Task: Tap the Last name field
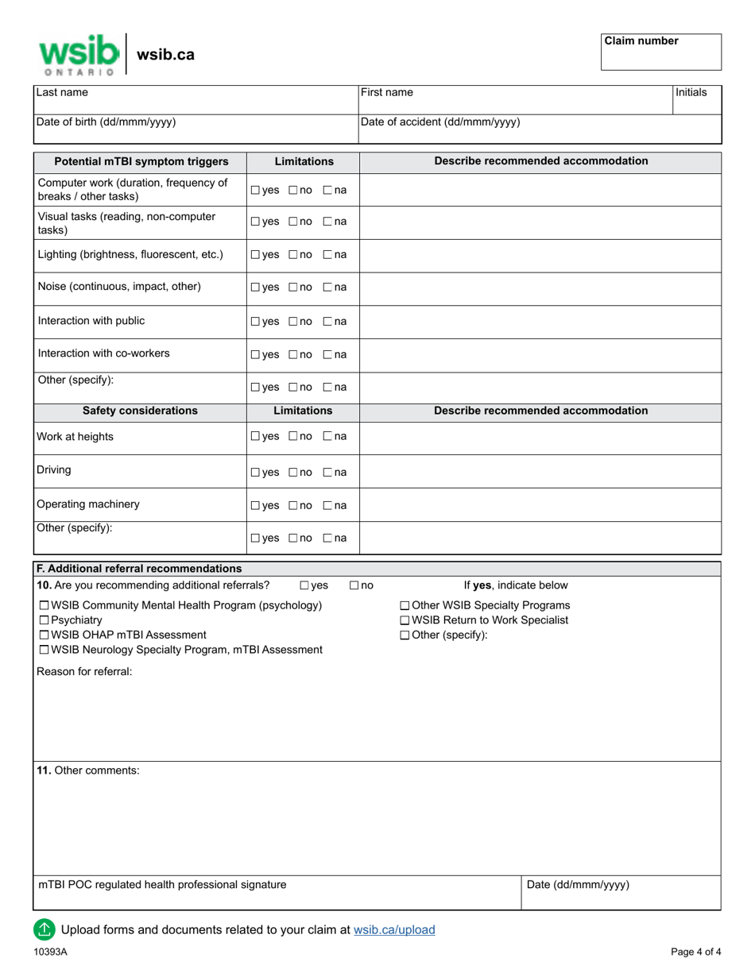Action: coord(195,98)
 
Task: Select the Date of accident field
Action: coord(540,129)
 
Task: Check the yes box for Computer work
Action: coord(255,191)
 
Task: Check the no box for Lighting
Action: coord(293,256)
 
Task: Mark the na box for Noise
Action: coord(327,288)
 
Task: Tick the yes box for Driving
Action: coord(255,473)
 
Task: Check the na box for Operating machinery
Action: coord(327,505)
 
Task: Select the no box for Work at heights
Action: coord(293,437)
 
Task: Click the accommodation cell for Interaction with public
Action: coord(540,322)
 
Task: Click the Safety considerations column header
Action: coord(140,411)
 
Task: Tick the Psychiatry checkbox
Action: coord(45,620)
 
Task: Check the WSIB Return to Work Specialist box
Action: coord(405,620)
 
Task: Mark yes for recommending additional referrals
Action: coord(305,586)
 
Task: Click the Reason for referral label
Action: coord(84,672)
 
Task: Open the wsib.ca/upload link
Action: coord(394,929)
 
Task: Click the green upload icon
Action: coord(44,929)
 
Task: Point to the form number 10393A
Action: coord(50,952)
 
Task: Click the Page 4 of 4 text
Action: coord(696,952)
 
